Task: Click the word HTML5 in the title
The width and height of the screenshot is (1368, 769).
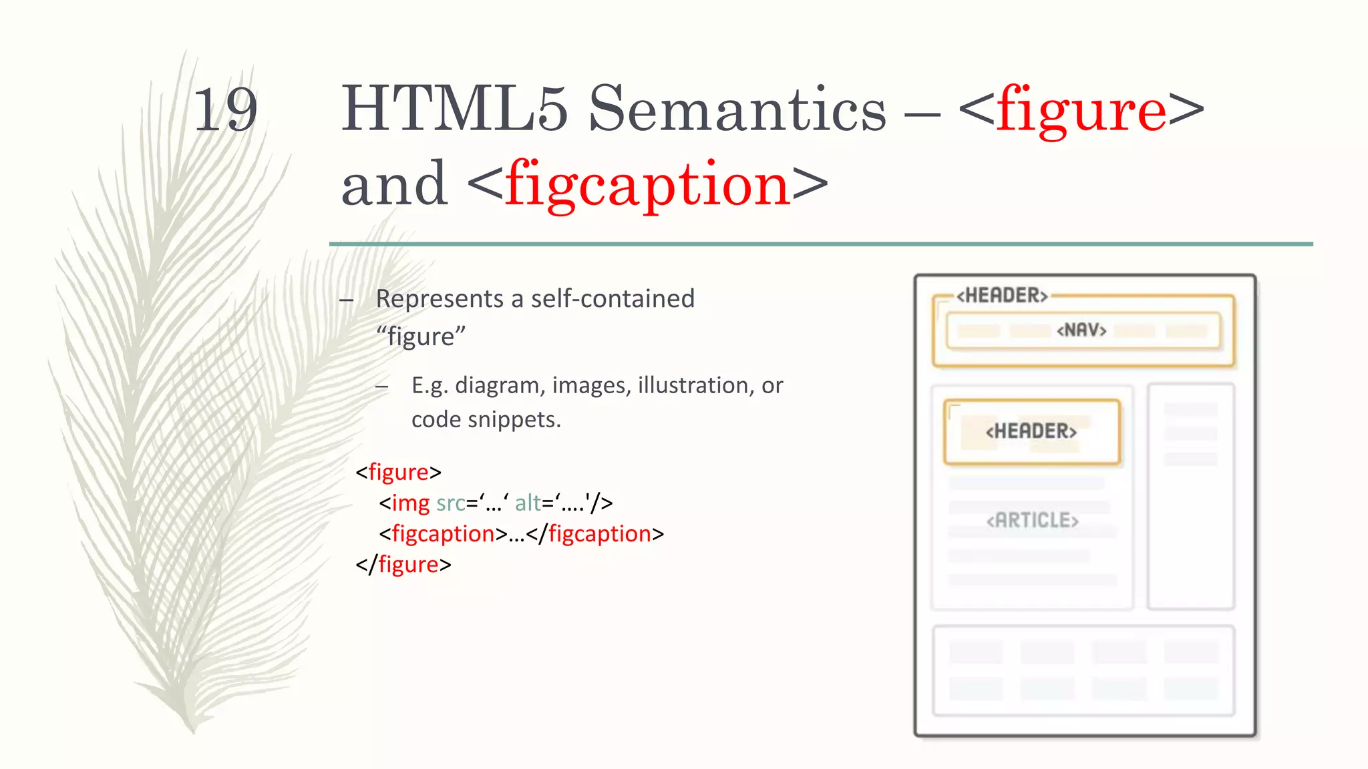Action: pos(454,109)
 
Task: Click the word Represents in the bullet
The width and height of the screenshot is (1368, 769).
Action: pos(440,298)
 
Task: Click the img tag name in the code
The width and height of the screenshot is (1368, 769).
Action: pos(410,503)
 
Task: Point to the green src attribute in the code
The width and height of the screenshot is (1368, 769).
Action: pos(450,503)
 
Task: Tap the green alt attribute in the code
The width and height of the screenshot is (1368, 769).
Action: pos(528,503)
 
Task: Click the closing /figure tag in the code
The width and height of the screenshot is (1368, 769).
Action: pos(403,565)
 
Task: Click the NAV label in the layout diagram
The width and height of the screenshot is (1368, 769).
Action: pos(1081,330)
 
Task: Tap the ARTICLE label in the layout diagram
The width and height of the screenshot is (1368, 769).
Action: pos(1032,520)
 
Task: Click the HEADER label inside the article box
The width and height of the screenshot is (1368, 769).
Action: pos(1031,431)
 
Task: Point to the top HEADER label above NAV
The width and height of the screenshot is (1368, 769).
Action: pos(1002,295)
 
